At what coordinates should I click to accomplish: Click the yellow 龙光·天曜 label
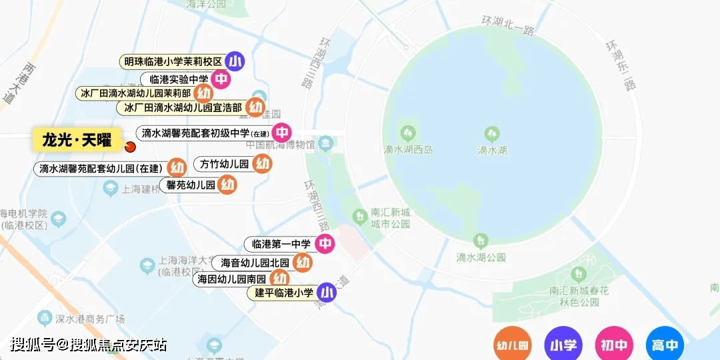click(77, 140)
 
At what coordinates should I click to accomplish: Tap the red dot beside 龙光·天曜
click(130, 147)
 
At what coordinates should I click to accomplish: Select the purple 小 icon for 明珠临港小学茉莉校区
click(234, 61)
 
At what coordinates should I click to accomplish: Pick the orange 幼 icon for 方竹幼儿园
click(263, 163)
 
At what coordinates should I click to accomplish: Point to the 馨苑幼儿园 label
click(191, 185)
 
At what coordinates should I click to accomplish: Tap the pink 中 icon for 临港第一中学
click(325, 244)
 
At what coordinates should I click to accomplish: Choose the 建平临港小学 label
click(284, 293)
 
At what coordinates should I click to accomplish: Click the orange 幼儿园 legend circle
click(513, 345)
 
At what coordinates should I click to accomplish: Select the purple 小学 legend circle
click(563, 345)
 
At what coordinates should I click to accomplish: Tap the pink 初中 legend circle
click(614, 345)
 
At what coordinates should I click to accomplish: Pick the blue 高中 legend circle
click(665, 345)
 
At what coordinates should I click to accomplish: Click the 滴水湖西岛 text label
click(408, 150)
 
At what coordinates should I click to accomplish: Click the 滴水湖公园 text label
click(481, 257)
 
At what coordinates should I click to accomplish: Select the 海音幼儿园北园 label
click(255, 263)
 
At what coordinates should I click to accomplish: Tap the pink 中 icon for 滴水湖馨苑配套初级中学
click(282, 133)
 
